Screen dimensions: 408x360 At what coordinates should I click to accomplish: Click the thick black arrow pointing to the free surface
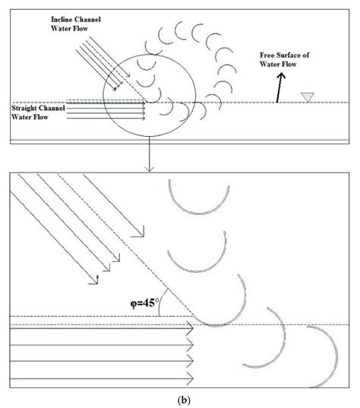[279, 90]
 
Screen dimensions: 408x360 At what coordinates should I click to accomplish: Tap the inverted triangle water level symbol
[306, 96]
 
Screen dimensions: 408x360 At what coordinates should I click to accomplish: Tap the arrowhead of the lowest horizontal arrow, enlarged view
[191, 377]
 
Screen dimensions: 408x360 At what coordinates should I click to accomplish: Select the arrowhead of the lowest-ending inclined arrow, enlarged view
[97, 283]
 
